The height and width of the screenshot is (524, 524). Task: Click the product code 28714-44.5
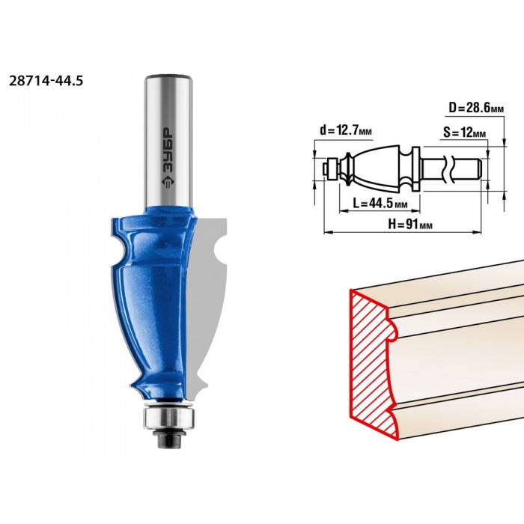(x=46, y=81)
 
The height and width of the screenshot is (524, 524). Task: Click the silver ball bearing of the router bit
(x=169, y=417)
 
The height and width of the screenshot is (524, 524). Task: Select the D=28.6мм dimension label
(x=476, y=108)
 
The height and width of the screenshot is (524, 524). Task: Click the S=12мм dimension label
(x=465, y=132)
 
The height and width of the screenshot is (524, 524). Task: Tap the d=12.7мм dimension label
(x=346, y=130)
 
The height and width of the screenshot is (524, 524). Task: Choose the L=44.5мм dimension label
(x=380, y=203)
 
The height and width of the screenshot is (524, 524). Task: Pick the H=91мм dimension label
(x=410, y=225)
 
